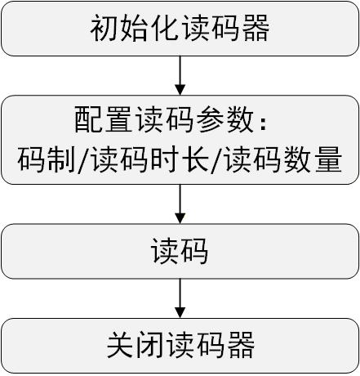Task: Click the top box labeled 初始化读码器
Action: point(180,29)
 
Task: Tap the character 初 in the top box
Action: point(104,28)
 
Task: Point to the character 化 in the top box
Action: point(164,28)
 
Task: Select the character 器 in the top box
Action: point(256,28)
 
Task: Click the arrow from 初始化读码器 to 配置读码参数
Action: point(180,75)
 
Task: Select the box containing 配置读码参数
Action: point(180,140)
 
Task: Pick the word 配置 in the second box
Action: point(104,119)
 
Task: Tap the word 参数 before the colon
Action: point(225,119)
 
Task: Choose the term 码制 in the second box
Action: point(47,159)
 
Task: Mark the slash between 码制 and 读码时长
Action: point(82,160)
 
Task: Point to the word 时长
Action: point(180,159)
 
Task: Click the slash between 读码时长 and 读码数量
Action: point(216,160)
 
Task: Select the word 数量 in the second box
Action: point(313,159)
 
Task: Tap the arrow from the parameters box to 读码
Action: point(180,204)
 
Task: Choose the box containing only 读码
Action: point(180,251)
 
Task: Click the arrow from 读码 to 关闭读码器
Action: point(180,298)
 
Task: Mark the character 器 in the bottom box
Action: point(241,345)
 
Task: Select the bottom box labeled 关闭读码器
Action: point(180,346)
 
